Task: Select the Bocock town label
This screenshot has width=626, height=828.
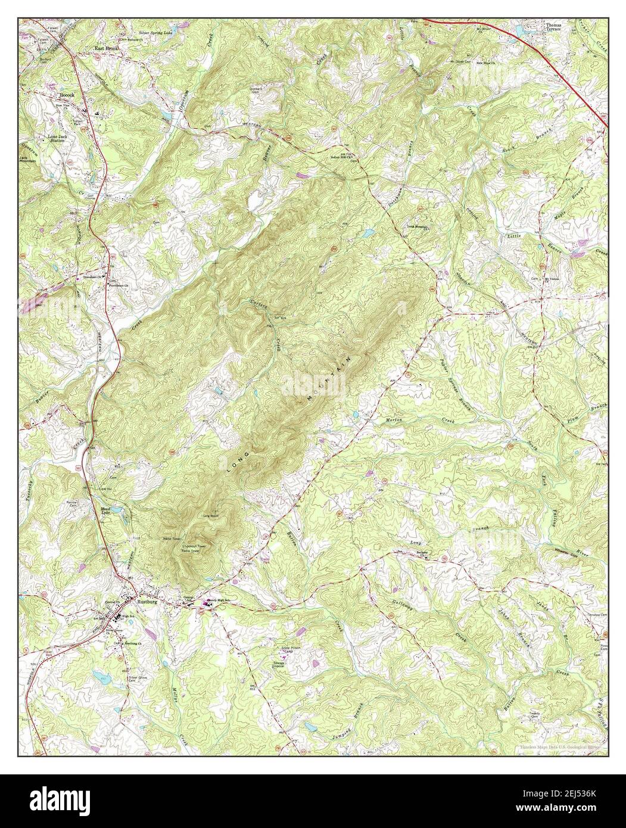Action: tap(66, 95)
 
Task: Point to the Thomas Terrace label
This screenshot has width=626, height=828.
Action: tap(553, 27)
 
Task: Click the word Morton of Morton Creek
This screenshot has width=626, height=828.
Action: tap(392, 421)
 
